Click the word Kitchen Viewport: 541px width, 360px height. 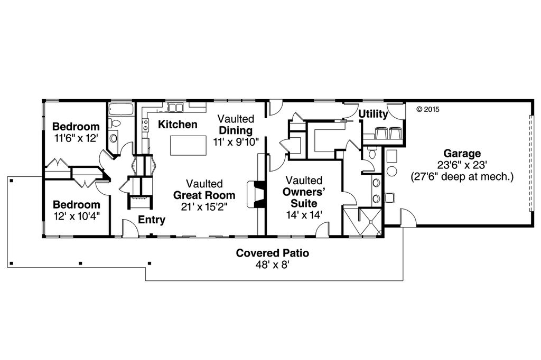pos(178,125)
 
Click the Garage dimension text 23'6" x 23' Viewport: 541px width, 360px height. pos(462,165)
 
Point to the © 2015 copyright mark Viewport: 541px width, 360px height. pos(428,110)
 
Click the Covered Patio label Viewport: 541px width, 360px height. pos(272,253)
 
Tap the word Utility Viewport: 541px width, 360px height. pos(374,114)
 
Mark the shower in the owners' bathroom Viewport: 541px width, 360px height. pos(362,221)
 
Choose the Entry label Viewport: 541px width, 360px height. pos(152,220)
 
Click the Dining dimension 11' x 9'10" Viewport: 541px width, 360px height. pos(236,141)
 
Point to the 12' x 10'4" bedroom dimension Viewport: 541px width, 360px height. pos(76,215)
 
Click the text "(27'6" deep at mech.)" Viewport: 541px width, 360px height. pos(462,176)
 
